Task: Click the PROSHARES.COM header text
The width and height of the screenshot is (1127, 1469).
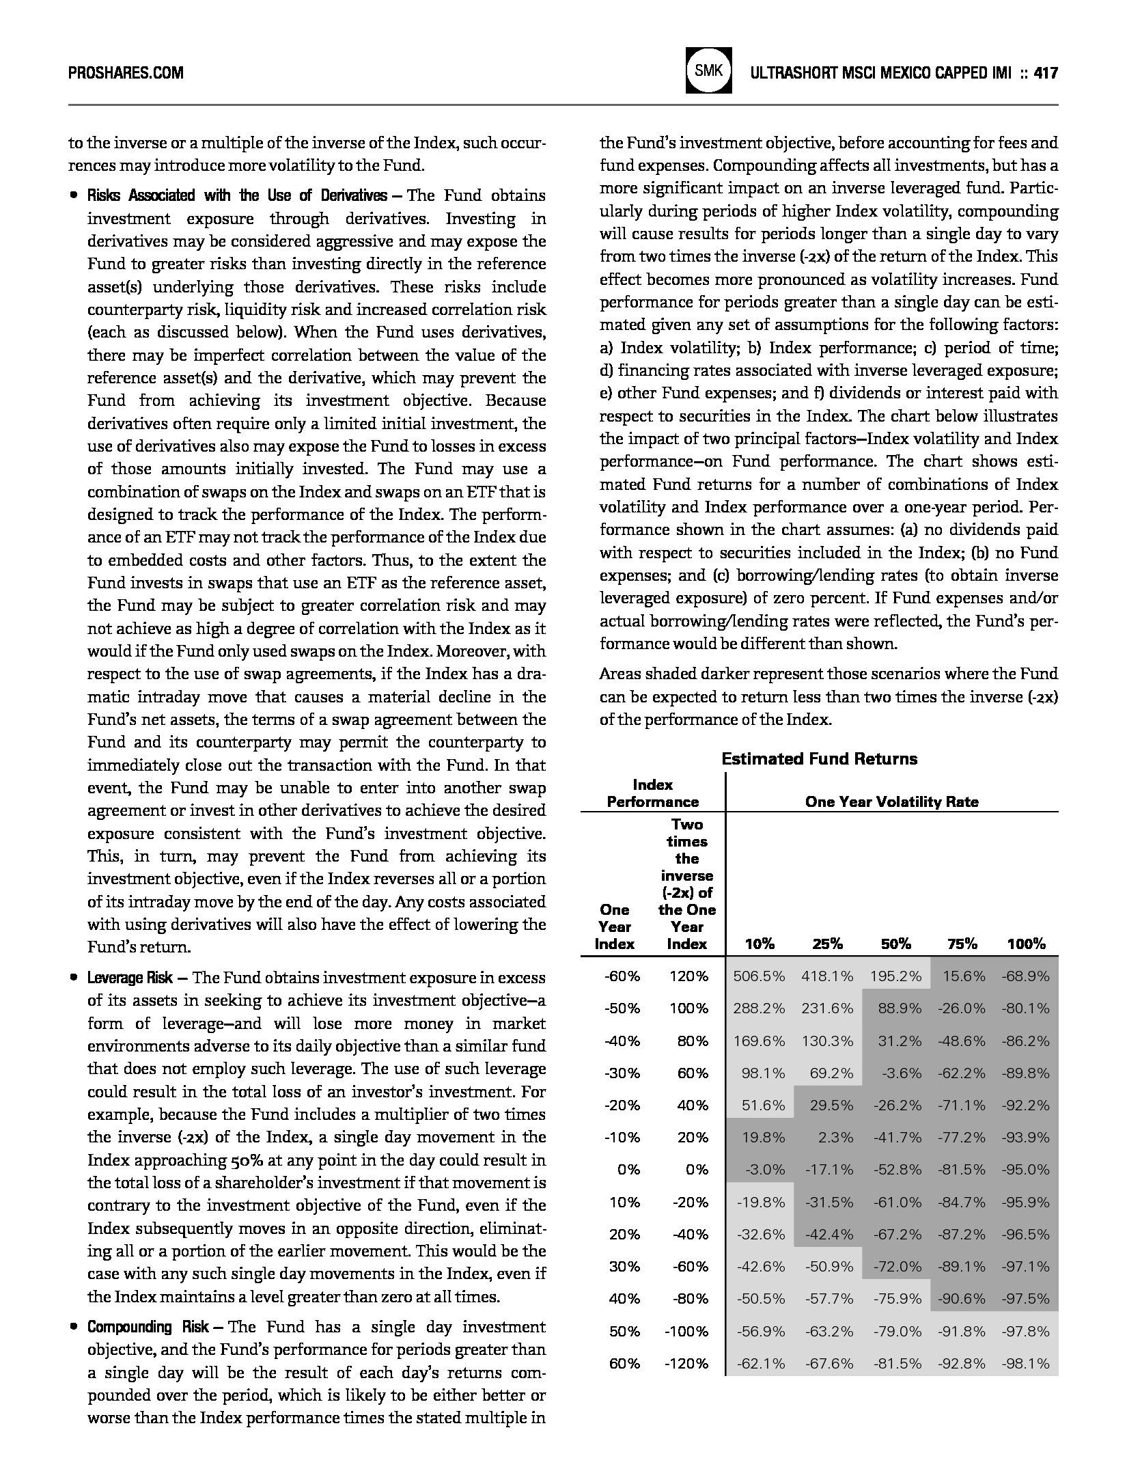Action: pos(126,72)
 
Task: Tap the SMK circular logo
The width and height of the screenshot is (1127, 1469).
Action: pos(709,70)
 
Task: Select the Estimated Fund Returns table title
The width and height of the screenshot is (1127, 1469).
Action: pos(819,758)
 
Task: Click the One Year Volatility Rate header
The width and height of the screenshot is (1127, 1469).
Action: pos(891,801)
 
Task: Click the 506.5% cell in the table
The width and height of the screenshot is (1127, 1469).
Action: pos(759,976)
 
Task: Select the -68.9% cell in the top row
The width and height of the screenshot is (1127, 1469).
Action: pos(1025,976)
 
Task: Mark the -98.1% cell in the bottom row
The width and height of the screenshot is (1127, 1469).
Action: pos(1025,1364)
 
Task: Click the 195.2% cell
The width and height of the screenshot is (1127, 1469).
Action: pos(895,976)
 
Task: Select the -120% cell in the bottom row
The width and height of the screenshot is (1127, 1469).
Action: pos(686,1364)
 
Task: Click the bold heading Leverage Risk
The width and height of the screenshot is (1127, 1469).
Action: pos(130,978)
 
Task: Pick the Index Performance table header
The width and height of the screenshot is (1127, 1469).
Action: pos(652,793)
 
